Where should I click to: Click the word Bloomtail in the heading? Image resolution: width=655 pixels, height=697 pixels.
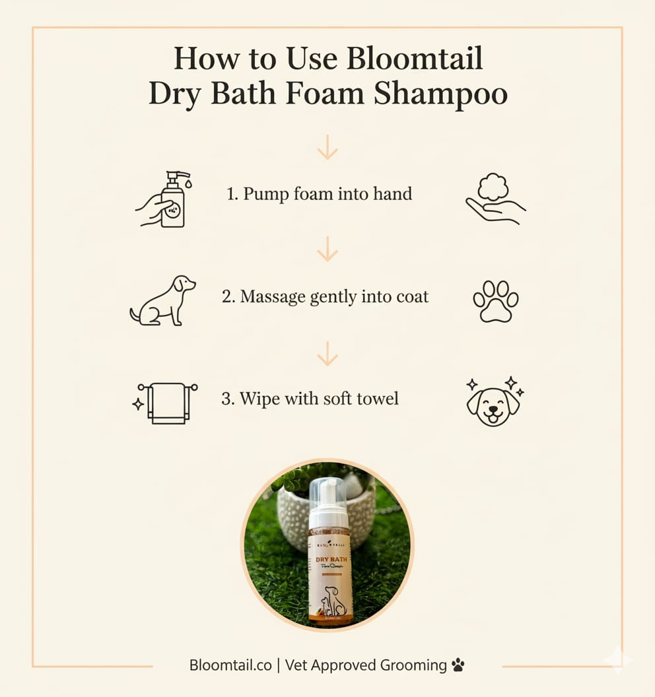coord(415,59)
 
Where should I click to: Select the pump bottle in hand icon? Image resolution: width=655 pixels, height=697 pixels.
coord(165,199)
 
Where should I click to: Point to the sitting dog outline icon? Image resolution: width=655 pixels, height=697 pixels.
coord(163,300)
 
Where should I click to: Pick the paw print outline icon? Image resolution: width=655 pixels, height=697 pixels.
coord(495,301)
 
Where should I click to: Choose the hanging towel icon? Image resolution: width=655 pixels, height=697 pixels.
coord(166,401)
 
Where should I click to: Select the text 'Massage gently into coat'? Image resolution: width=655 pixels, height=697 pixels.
coord(325,296)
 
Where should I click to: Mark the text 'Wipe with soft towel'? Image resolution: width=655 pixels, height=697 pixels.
coord(310,399)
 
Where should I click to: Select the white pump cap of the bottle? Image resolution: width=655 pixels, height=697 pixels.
coord(328,502)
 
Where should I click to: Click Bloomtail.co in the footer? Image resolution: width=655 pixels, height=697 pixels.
coord(230,665)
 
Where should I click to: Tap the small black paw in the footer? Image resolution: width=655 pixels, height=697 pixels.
coord(458,665)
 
